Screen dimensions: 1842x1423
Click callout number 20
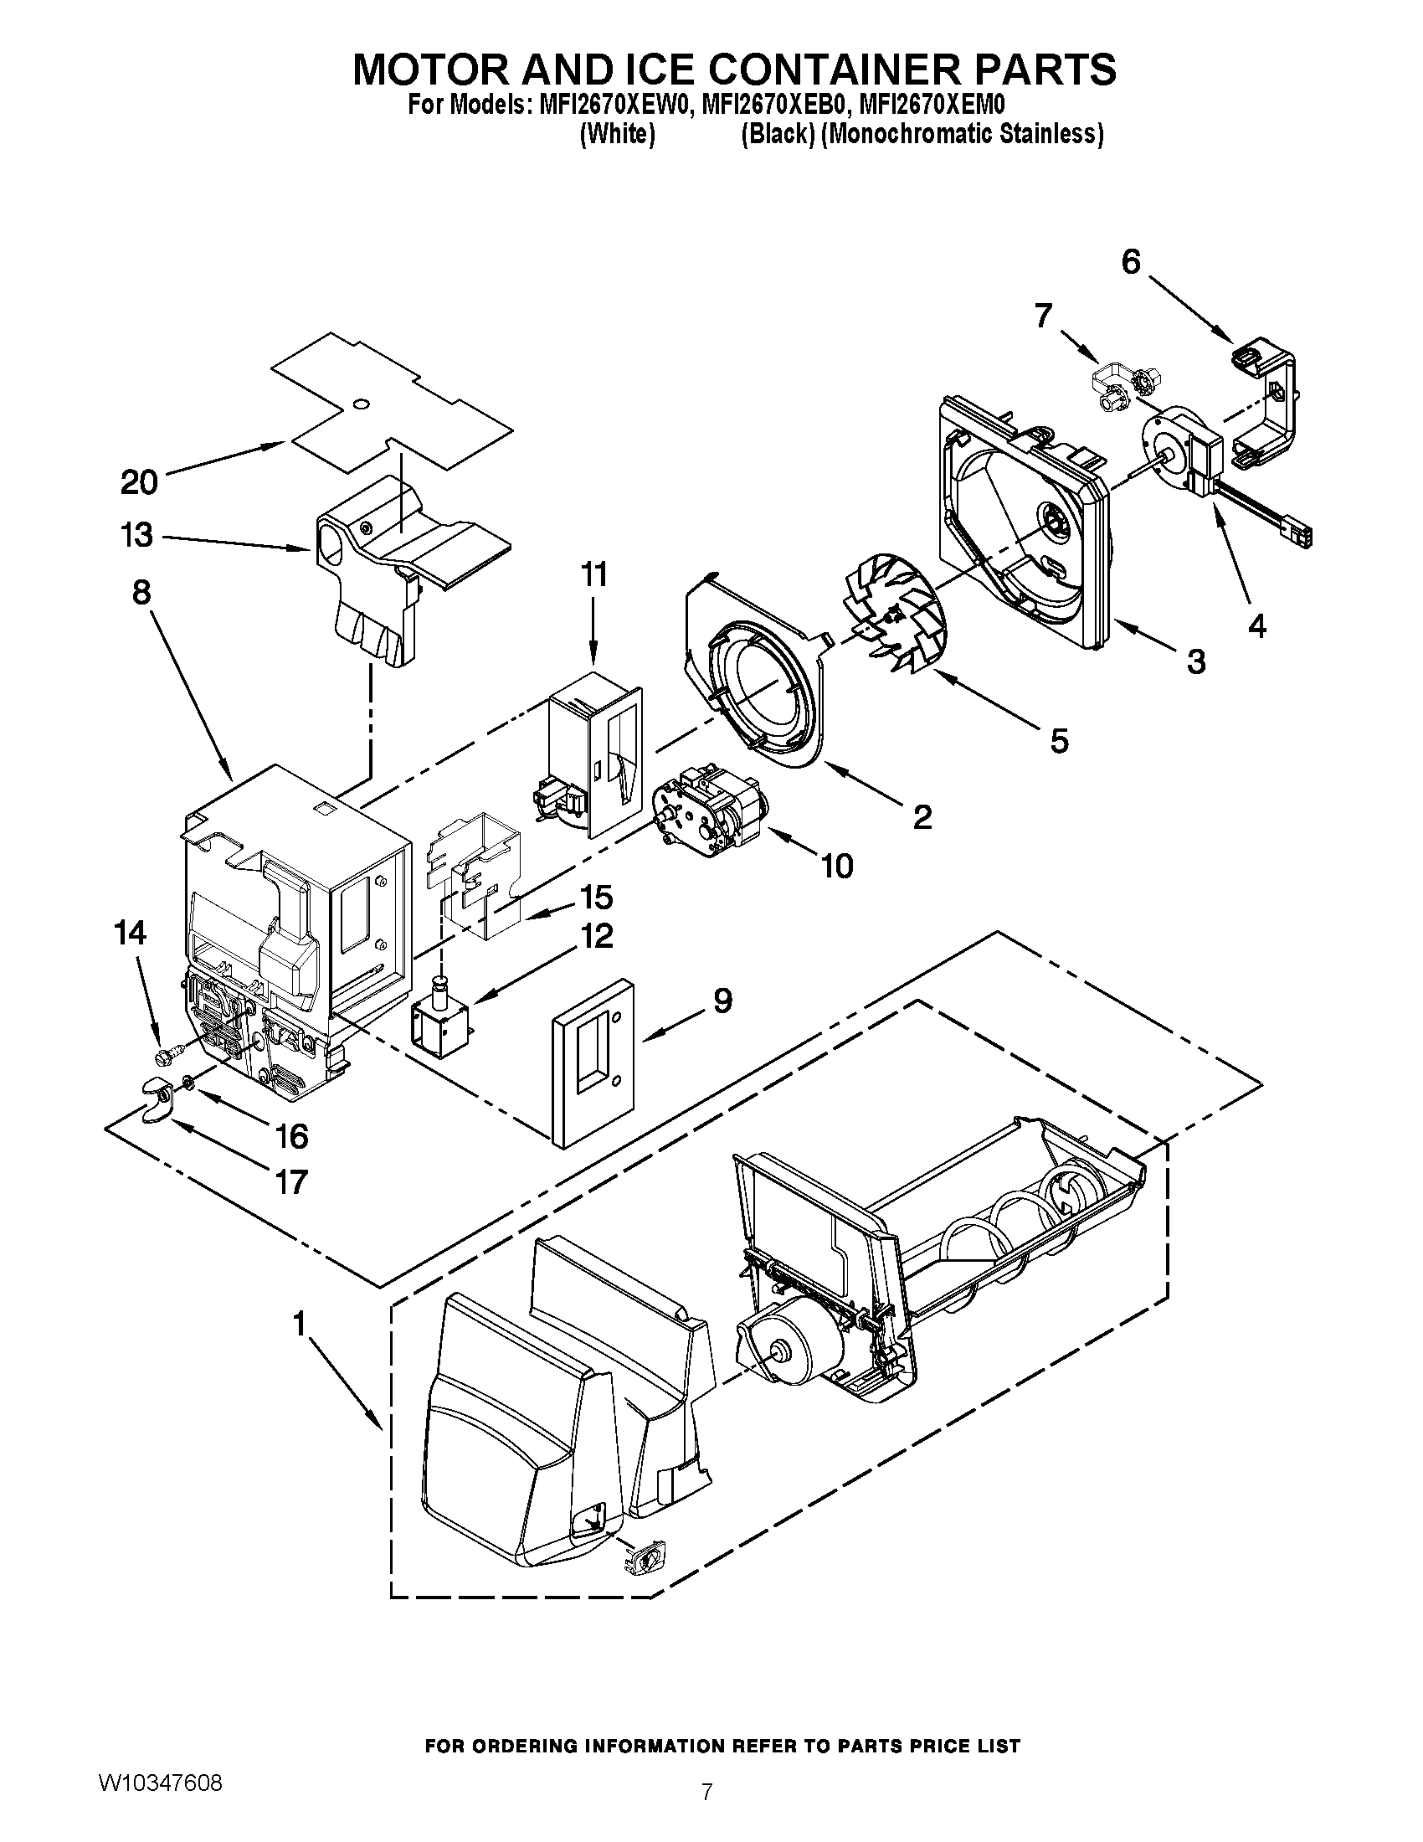pyautogui.click(x=139, y=482)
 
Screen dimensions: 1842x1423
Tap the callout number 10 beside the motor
pyautogui.click(x=837, y=866)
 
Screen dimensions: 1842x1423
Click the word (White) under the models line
pyautogui.click(x=617, y=134)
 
